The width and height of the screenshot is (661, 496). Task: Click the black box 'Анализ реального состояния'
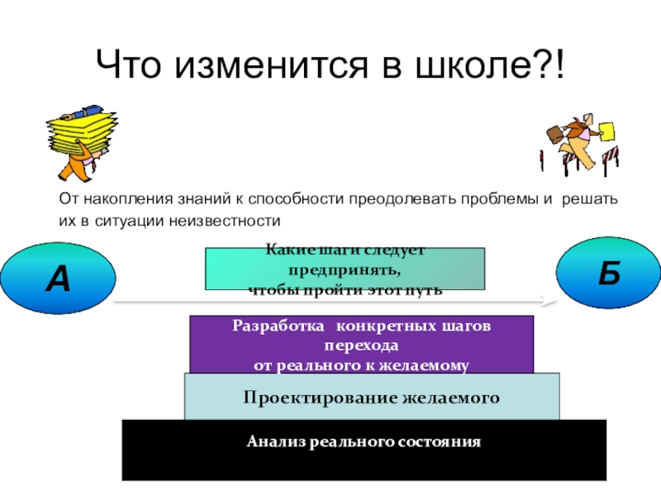pos(364,449)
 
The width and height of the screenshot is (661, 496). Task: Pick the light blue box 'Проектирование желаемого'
pos(372,397)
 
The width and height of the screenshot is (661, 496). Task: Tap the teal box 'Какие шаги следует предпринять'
pos(345,269)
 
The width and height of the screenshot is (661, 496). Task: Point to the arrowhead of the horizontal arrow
pos(544,302)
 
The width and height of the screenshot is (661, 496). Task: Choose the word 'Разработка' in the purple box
pos(273,327)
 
